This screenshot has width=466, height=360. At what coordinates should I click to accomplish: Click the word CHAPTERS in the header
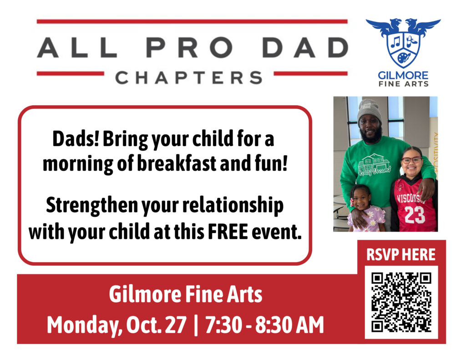[x=189, y=77]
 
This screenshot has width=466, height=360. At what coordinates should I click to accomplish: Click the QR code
[x=401, y=302]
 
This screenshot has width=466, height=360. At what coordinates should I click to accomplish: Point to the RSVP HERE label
[x=401, y=255]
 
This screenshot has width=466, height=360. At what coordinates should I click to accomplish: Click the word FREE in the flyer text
[x=228, y=232]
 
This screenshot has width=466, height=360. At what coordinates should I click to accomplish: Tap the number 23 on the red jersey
[x=415, y=215]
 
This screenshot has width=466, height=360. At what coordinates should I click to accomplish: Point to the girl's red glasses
[x=411, y=160]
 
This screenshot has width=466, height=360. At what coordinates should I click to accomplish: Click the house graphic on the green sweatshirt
[x=373, y=163]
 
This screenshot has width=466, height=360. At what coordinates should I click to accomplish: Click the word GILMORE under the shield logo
[x=403, y=75]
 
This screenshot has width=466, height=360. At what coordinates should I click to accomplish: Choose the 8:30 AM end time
[x=290, y=325]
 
